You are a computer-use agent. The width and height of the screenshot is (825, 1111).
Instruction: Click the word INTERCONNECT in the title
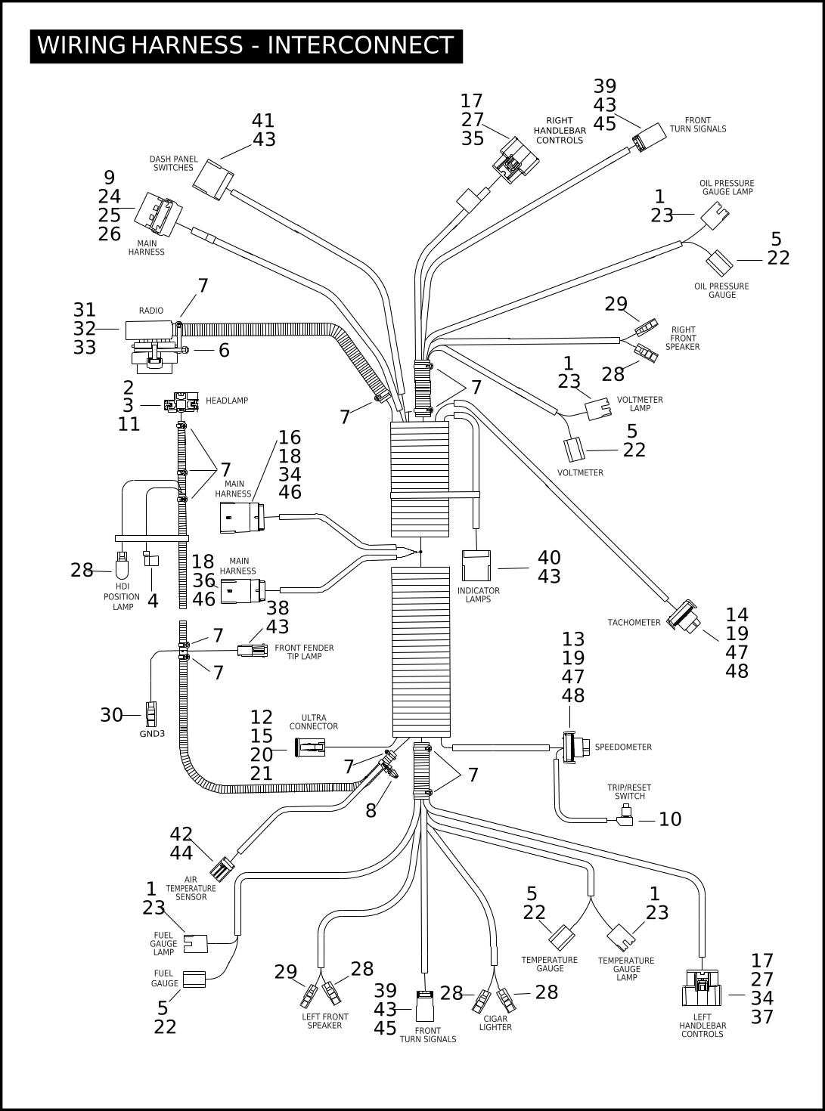361,45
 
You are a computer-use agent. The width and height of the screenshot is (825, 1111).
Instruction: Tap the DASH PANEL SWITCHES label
173,163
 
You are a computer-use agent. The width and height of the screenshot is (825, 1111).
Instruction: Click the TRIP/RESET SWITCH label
630,792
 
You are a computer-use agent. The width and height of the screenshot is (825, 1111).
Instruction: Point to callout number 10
670,819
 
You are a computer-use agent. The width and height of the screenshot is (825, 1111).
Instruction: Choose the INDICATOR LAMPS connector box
476,565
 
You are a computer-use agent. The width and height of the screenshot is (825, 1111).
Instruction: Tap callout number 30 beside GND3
111,715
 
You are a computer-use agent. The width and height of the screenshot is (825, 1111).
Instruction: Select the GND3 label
152,734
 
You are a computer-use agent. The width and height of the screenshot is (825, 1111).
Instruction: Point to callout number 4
153,601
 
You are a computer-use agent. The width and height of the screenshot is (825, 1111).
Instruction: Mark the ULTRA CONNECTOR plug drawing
310,747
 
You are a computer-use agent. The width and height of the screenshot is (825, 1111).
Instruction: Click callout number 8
371,810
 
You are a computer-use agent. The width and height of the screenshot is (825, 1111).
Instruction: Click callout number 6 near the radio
224,350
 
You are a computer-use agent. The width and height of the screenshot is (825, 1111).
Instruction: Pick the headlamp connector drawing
181,402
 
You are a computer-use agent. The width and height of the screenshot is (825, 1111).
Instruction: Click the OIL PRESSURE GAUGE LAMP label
727,187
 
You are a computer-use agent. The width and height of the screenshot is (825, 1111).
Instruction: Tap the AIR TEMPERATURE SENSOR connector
222,868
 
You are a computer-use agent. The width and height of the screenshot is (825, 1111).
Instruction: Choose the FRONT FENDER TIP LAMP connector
252,650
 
